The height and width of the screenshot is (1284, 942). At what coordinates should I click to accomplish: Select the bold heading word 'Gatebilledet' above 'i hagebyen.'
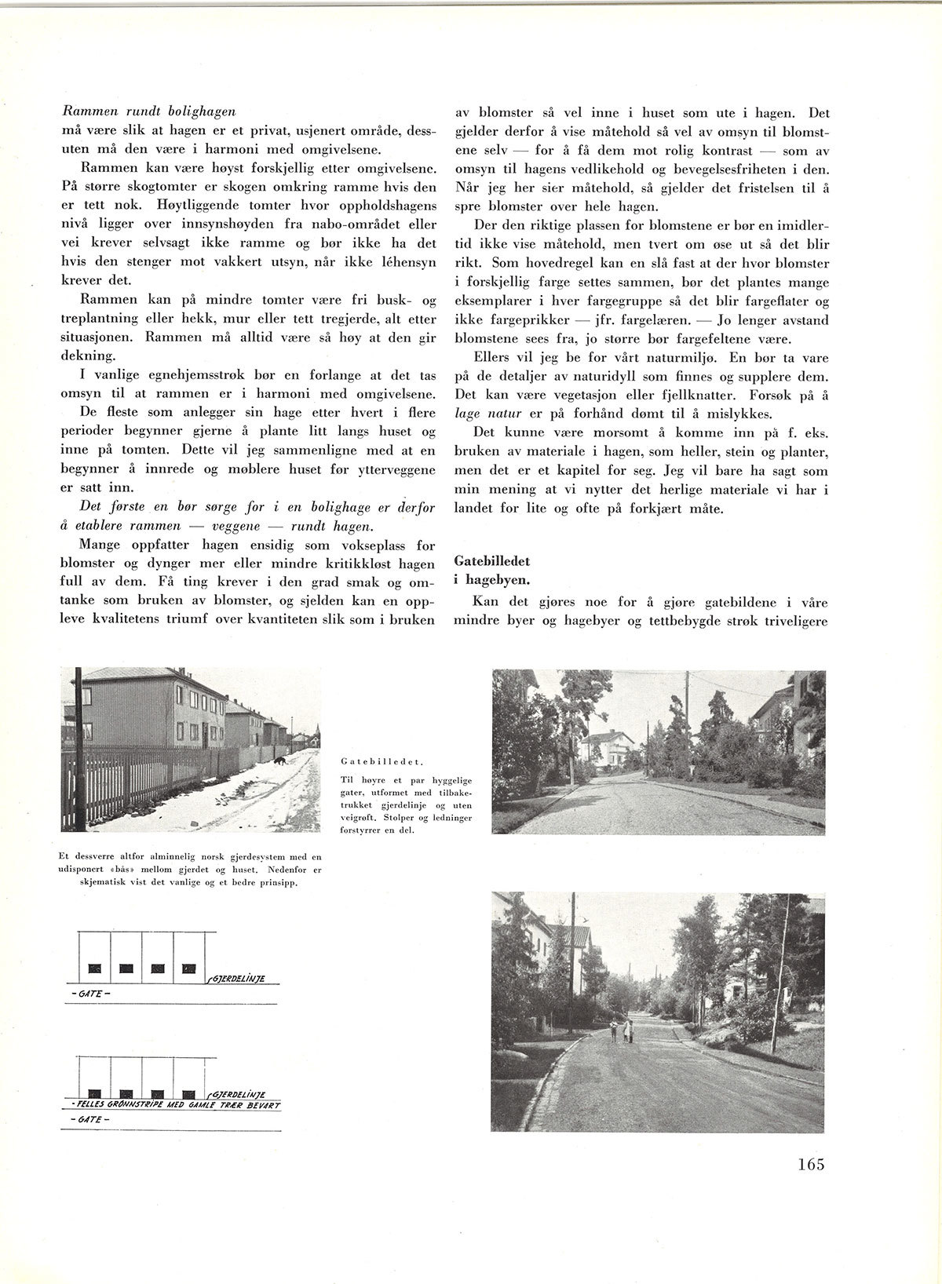pos(491,562)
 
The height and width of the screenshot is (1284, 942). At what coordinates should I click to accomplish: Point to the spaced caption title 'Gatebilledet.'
pos(383,761)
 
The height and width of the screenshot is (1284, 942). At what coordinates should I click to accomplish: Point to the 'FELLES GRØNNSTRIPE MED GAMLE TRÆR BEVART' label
pos(177,1104)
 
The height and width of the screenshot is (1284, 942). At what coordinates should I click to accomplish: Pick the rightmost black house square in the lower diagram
pos(188,1093)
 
